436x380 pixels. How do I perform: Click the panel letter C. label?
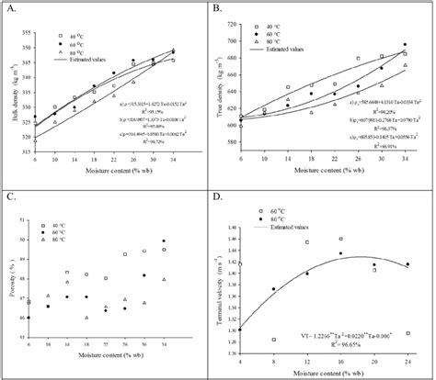(12, 199)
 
